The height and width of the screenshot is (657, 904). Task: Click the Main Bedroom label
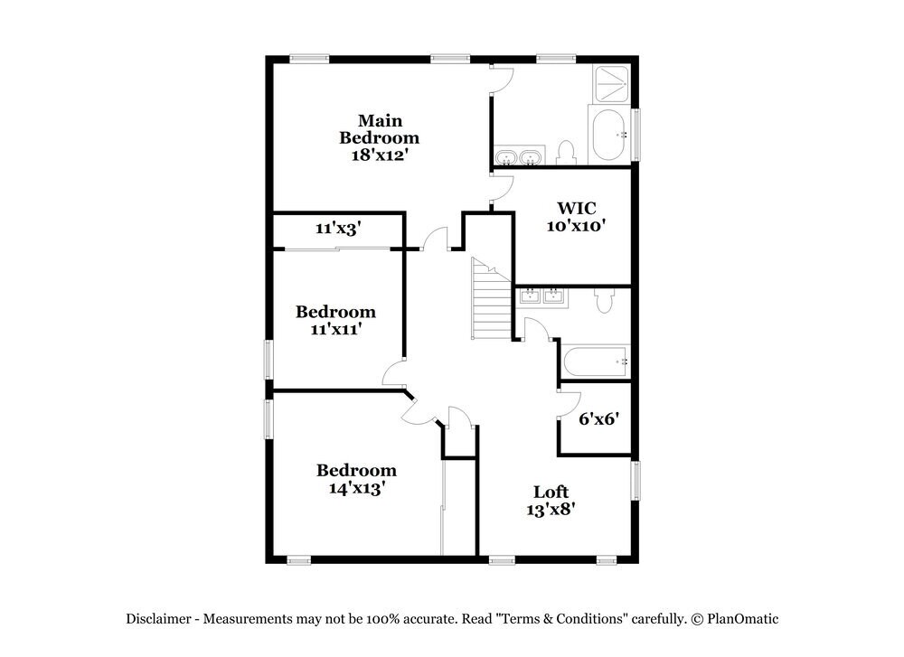point(379,129)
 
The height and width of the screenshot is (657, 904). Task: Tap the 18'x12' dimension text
point(379,155)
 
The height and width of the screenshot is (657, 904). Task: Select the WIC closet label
point(570,209)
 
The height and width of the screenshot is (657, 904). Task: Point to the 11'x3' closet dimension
point(338,230)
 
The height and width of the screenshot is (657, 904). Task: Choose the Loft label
point(551,492)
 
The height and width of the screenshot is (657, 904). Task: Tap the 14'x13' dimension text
point(355,488)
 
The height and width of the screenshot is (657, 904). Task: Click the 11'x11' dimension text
point(335,329)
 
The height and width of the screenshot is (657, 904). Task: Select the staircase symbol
point(491,299)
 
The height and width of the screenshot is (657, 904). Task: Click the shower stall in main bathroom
point(611,84)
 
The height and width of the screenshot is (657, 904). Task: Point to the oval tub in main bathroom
point(610,136)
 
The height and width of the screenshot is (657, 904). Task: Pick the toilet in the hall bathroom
point(605,300)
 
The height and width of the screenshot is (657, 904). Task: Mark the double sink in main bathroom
point(519,159)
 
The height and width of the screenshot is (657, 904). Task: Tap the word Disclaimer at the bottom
point(157,619)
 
